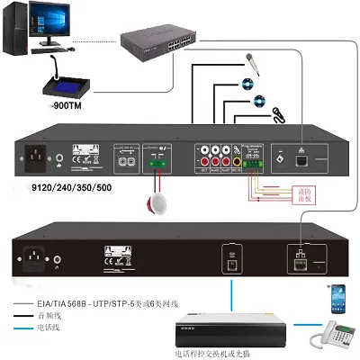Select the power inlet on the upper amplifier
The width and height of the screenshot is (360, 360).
(x=39, y=158)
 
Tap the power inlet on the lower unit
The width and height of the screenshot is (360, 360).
(x=37, y=256)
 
